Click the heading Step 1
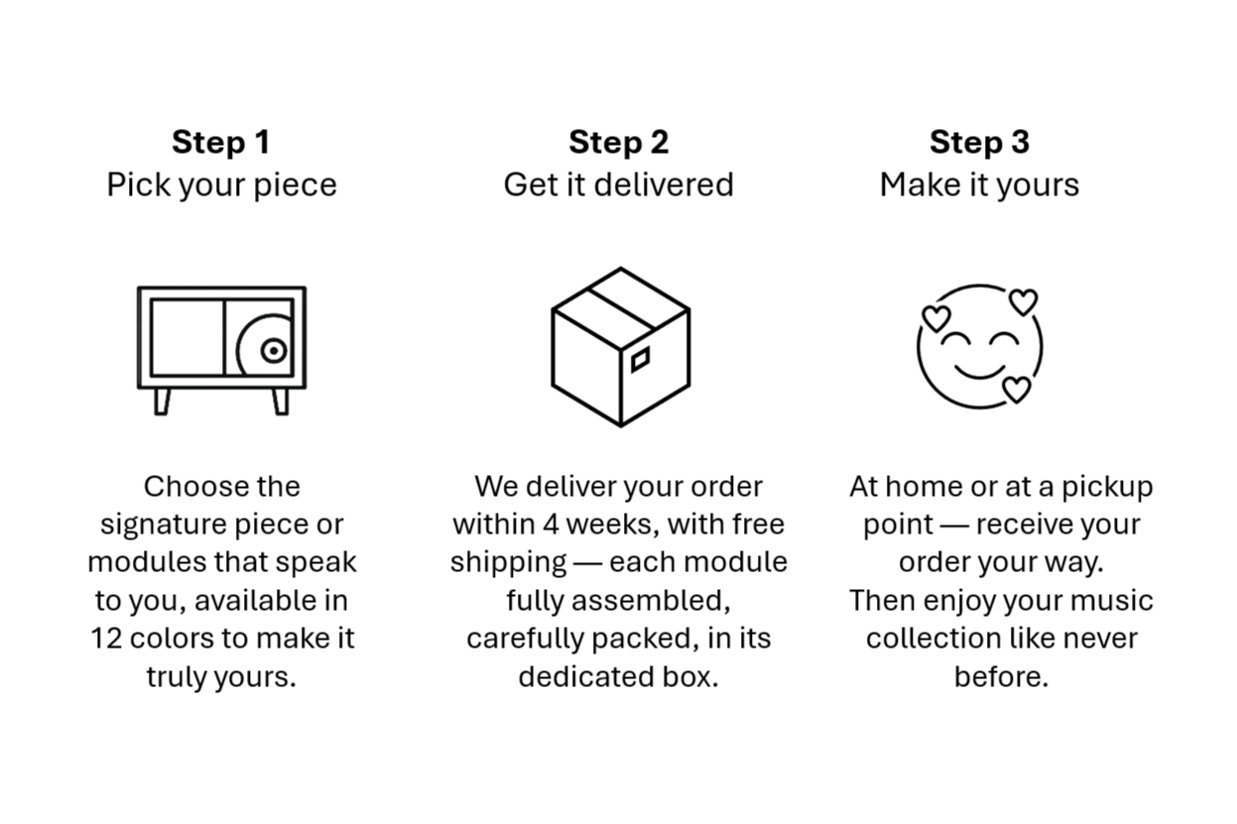[220, 142]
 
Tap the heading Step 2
[618, 142]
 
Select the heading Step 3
[979, 142]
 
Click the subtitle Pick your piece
[221, 185]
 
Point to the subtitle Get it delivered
[618, 185]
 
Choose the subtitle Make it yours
[979, 185]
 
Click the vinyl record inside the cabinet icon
[268, 349]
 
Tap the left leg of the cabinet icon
[162, 401]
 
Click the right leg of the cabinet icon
[281, 401]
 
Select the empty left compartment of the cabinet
[186, 337]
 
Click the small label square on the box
[641, 359]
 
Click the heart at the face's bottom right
[1016, 389]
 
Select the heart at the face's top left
[936, 317]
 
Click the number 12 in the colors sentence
[106, 639]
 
